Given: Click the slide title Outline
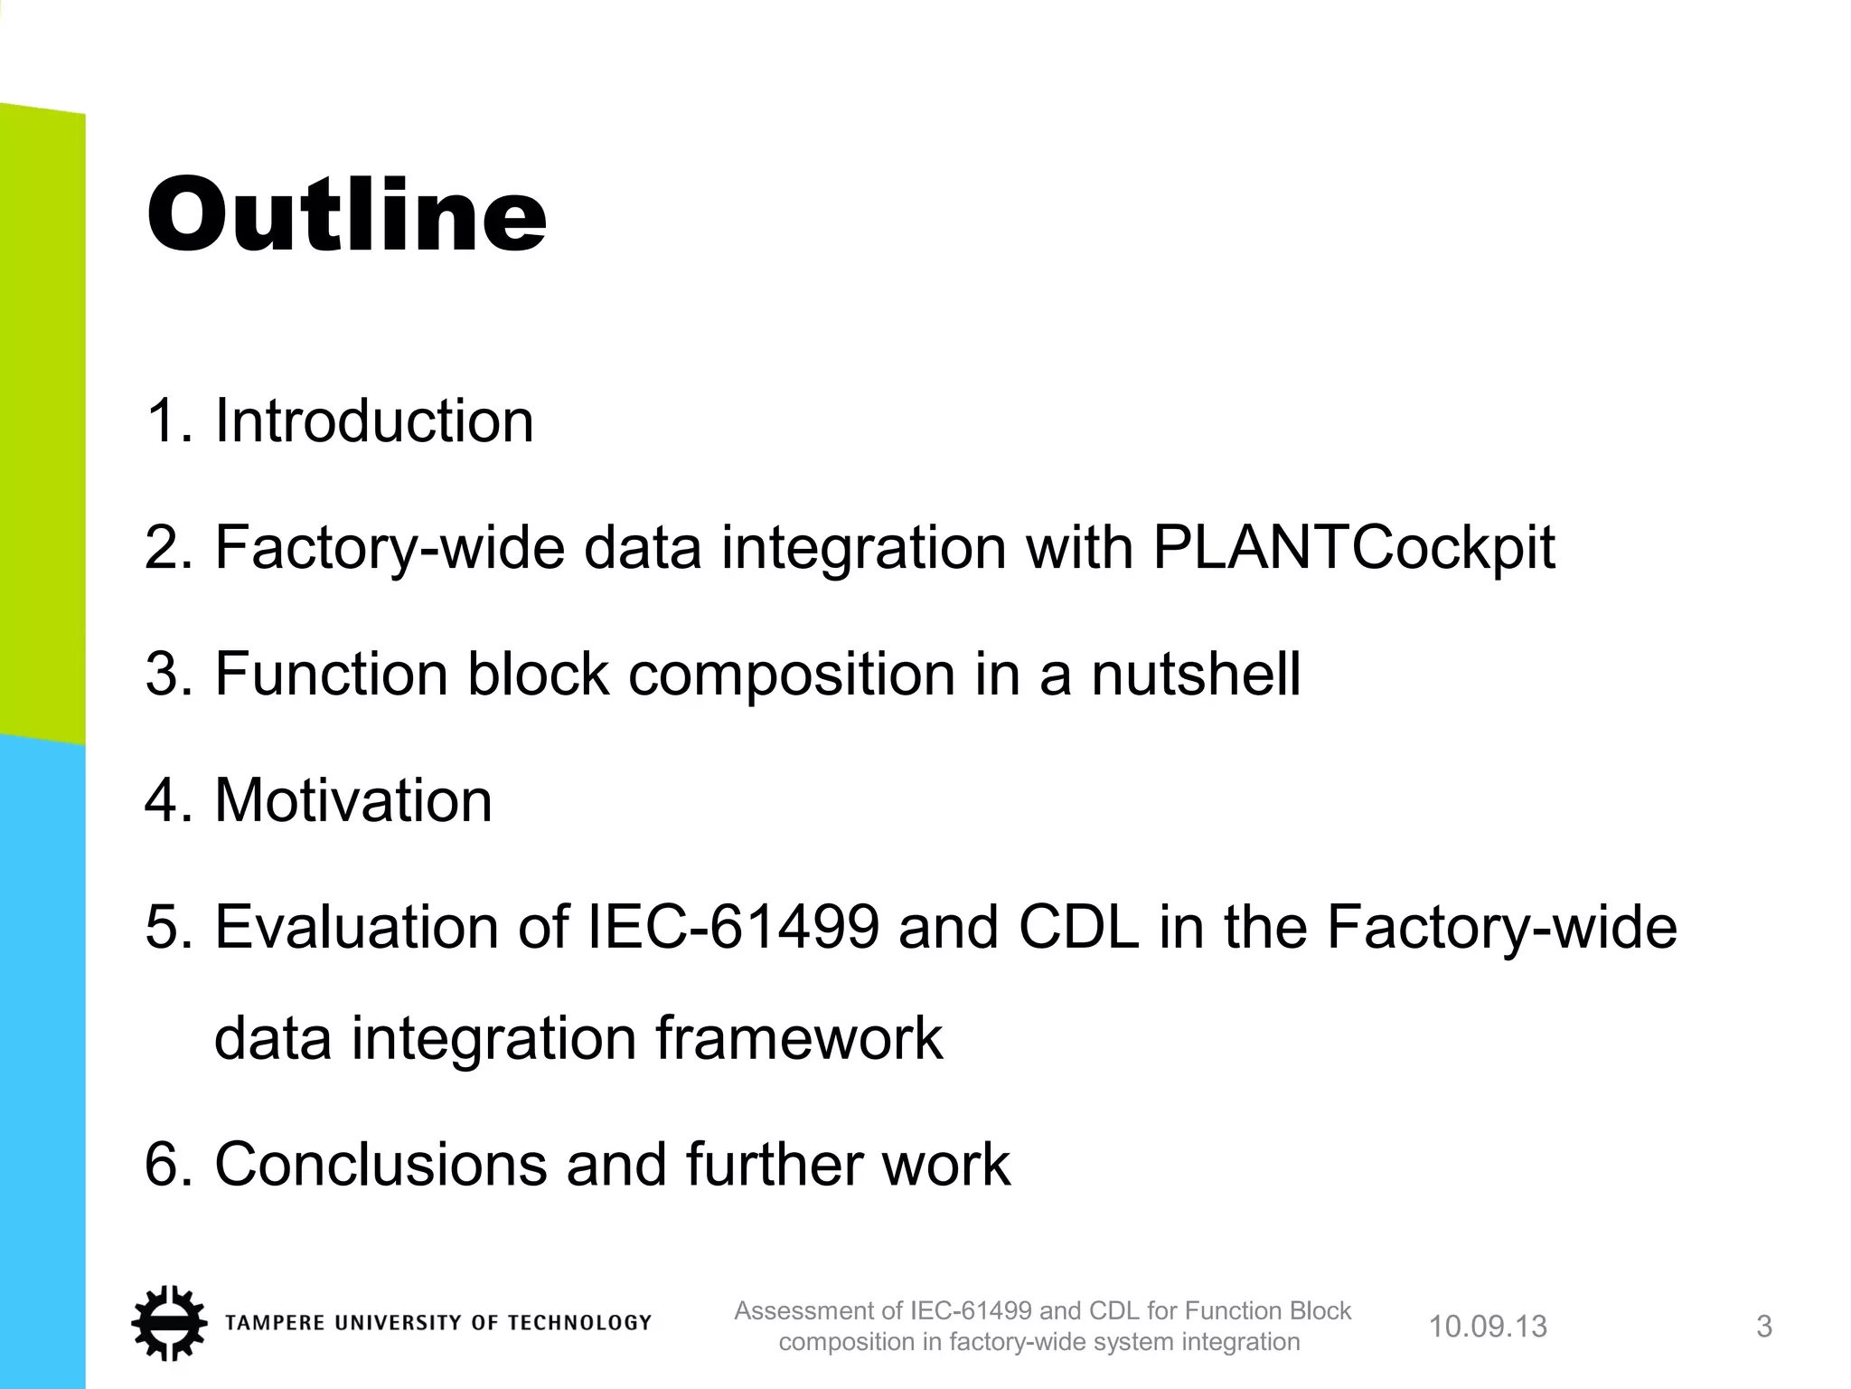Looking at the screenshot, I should (x=346, y=215).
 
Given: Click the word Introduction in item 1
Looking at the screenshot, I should (x=374, y=421).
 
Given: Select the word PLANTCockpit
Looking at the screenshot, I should (x=1354, y=548).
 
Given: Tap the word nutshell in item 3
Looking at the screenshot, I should (x=1196, y=675).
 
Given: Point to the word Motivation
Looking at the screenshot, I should (x=353, y=801).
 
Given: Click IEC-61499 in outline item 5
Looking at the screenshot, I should (x=733, y=928).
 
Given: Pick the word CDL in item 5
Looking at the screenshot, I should (x=1078, y=928).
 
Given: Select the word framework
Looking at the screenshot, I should (x=799, y=1038).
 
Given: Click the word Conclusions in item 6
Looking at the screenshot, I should (x=381, y=1165).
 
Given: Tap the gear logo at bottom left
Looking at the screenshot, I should (x=168, y=1323).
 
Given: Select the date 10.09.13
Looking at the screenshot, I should (x=1488, y=1327).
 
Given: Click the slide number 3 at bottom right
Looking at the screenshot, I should (x=1763, y=1327).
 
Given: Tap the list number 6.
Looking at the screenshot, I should (x=163, y=1165).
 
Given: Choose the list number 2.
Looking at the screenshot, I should (x=163, y=548).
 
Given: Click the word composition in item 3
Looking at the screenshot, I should (x=791, y=675).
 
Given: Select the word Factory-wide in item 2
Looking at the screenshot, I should (x=389, y=548).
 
